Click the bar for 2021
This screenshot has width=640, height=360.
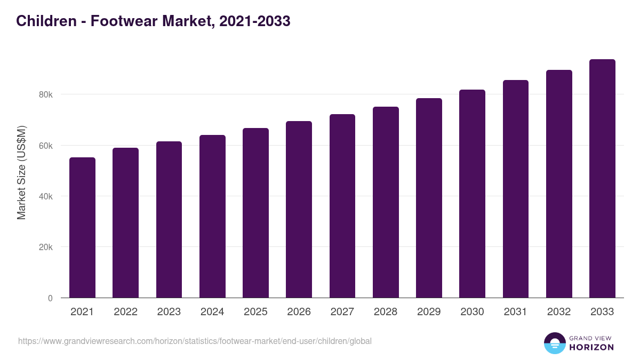point(82,228)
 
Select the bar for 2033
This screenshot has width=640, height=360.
point(602,179)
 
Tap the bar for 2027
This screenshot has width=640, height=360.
point(342,206)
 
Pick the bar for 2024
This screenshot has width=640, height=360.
point(212,217)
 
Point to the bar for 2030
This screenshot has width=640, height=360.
point(472,194)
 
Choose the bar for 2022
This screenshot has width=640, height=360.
point(125,223)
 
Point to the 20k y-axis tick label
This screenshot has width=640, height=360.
point(45,247)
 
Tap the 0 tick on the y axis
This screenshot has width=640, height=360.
point(50,298)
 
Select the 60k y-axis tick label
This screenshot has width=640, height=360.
point(45,146)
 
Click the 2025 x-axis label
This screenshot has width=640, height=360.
point(255,312)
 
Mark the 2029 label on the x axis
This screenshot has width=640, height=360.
point(429,312)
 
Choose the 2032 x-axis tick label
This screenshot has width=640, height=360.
point(559,312)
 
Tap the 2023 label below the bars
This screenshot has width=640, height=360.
point(169,312)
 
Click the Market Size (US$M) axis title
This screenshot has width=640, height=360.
point(21,172)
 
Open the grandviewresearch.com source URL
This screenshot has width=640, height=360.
point(195,341)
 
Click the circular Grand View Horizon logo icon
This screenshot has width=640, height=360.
point(554,343)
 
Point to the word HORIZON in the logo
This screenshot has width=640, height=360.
point(591,347)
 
